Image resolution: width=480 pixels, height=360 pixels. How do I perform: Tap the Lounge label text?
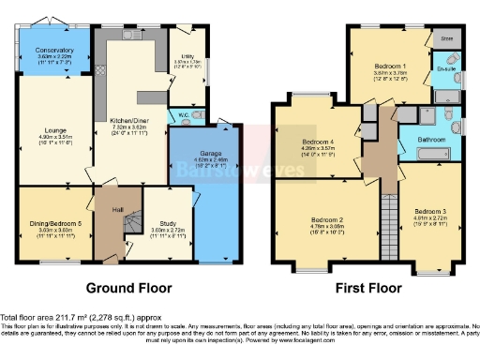coord(54,135)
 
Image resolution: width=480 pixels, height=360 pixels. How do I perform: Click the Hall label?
coord(119,209)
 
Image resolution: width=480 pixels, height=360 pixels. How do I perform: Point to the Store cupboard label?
coord(447,38)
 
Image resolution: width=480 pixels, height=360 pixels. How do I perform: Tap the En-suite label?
coord(444,68)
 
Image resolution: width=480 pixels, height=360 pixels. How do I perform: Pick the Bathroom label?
coord(431,140)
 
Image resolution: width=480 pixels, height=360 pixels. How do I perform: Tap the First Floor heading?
coord(366,287)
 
